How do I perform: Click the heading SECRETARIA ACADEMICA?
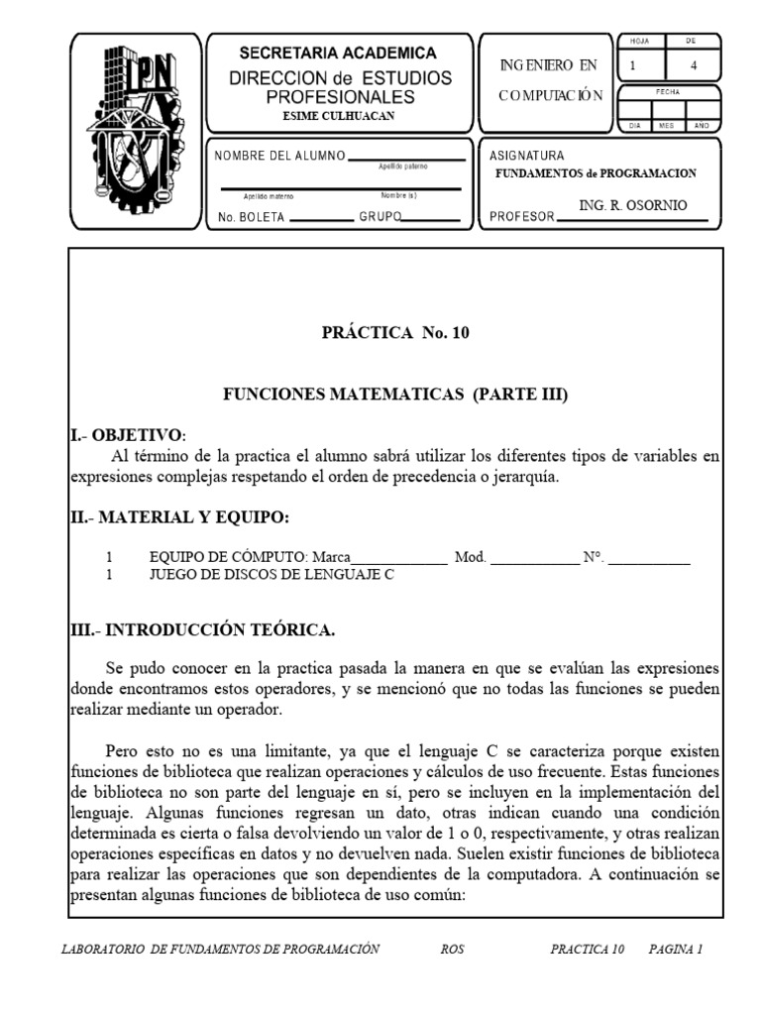point(338,54)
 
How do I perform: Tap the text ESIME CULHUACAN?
point(338,116)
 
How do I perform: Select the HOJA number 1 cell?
point(633,66)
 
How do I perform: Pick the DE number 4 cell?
point(693,66)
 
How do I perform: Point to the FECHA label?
point(667,91)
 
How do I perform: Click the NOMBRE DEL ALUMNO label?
point(280,157)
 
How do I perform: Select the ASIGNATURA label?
point(527,157)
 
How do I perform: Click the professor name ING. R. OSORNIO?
point(632,205)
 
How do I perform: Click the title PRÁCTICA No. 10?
point(395,333)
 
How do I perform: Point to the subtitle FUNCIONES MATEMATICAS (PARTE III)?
point(395,395)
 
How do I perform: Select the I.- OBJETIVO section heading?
point(127,435)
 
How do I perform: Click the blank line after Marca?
point(399,558)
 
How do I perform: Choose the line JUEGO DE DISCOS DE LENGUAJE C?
point(271,575)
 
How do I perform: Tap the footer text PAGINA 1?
point(676,949)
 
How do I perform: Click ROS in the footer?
point(452,949)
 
